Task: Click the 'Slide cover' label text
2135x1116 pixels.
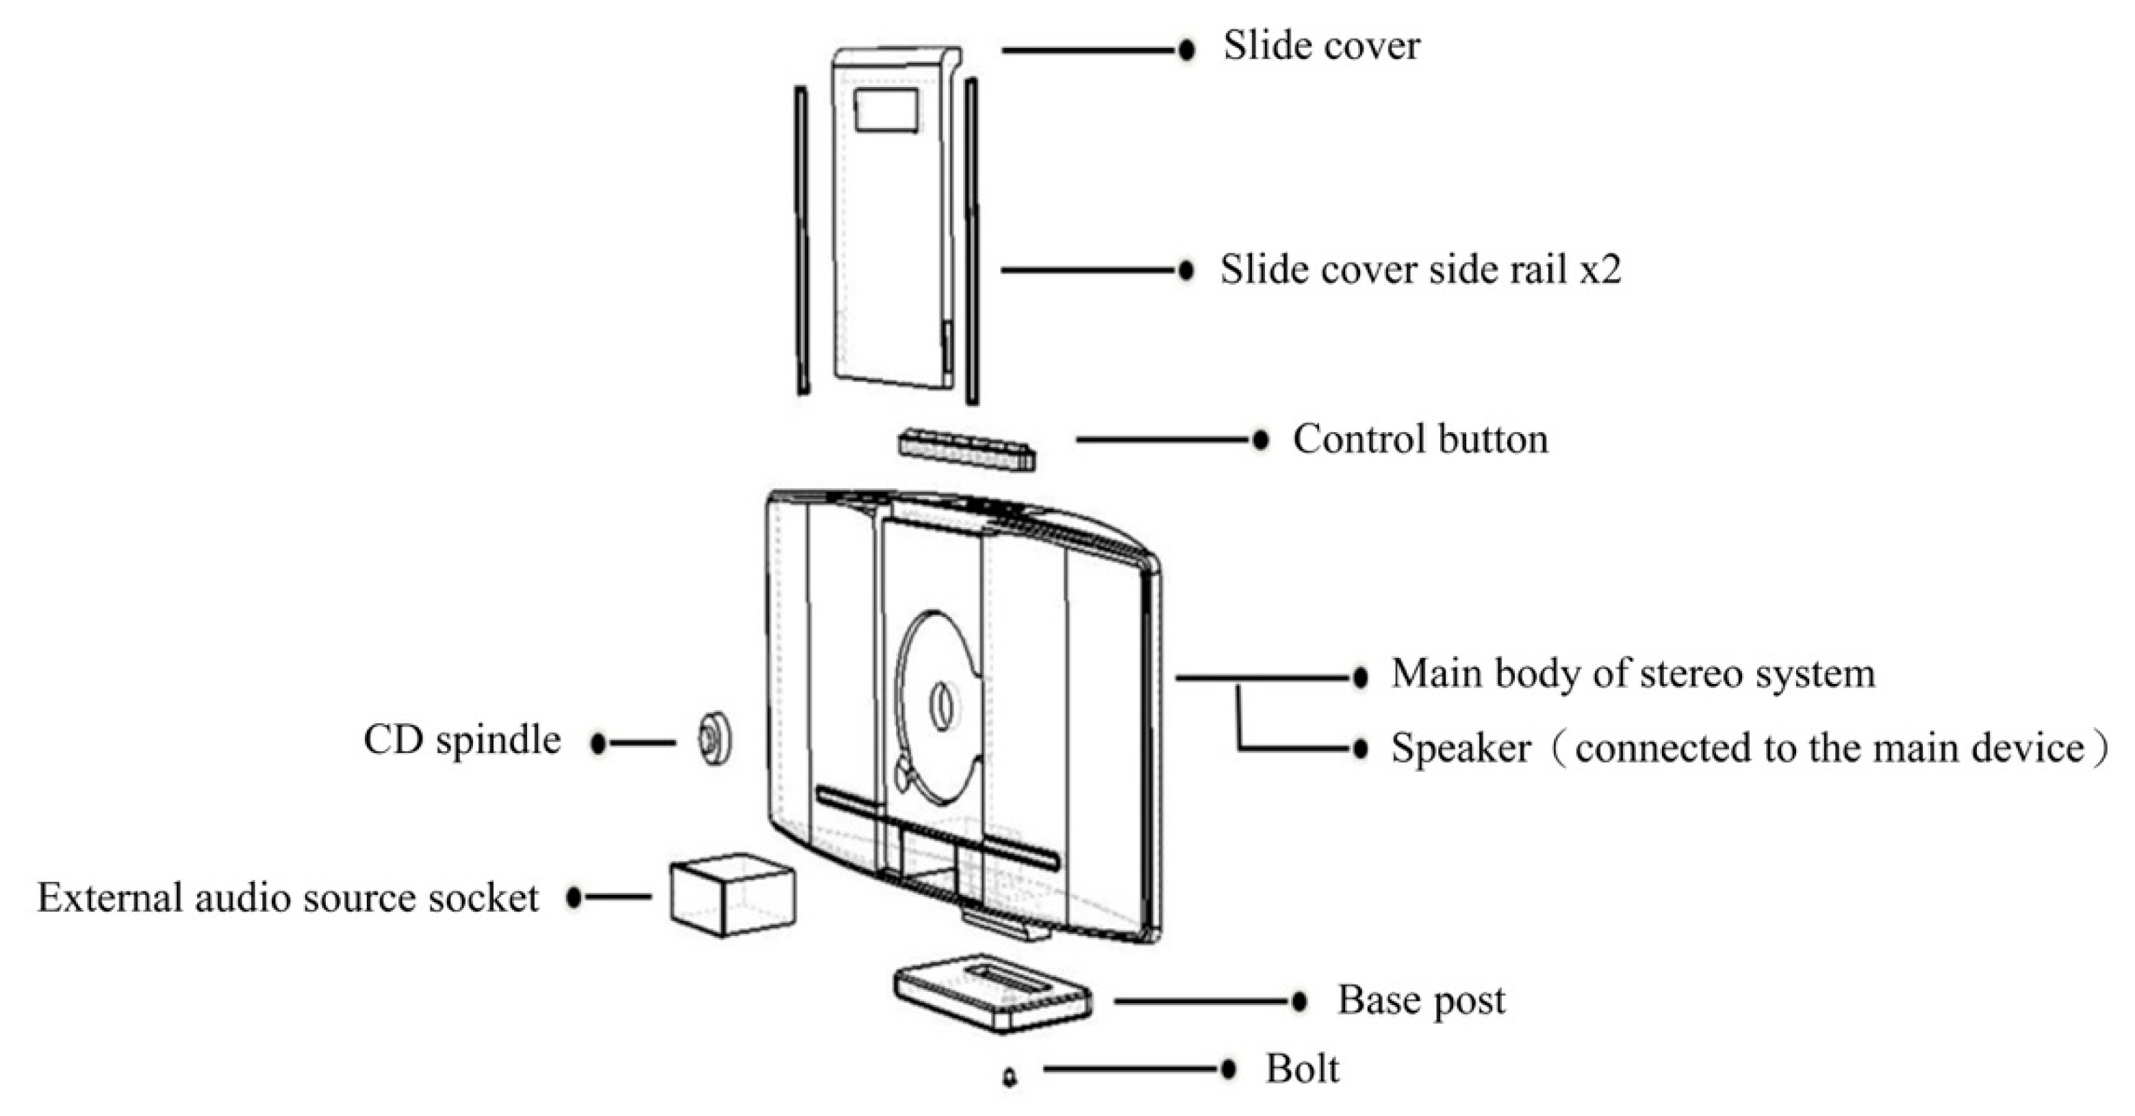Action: pyautogui.click(x=1321, y=47)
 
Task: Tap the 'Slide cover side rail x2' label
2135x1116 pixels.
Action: pyautogui.click(x=1420, y=270)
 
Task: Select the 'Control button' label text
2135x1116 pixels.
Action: pyautogui.click(x=1420, y=440)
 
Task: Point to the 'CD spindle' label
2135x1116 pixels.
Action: pyautogui.click(x=461, y=740)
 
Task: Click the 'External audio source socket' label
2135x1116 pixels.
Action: pyautogui.click(x=287, y=899)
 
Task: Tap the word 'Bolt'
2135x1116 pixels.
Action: pyautogui.click(x=1301, y=1069)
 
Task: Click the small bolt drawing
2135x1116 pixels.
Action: pyautogui.click(x=1010, y=1077)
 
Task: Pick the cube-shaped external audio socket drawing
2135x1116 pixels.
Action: pyautogui.click(x=732, y=896)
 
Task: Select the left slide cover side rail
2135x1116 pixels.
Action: pyautogui.click(x=802, y=240)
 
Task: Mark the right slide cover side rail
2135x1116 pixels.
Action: pyautogui.click(x=971, y=240)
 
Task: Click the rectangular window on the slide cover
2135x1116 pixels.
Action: pyautogui.click(x=886, y=110)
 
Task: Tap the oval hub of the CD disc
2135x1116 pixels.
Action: pyautogui.click(x=940, y=706)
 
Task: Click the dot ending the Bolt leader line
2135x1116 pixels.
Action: pyautogui.click(x=1228, y=1069)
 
